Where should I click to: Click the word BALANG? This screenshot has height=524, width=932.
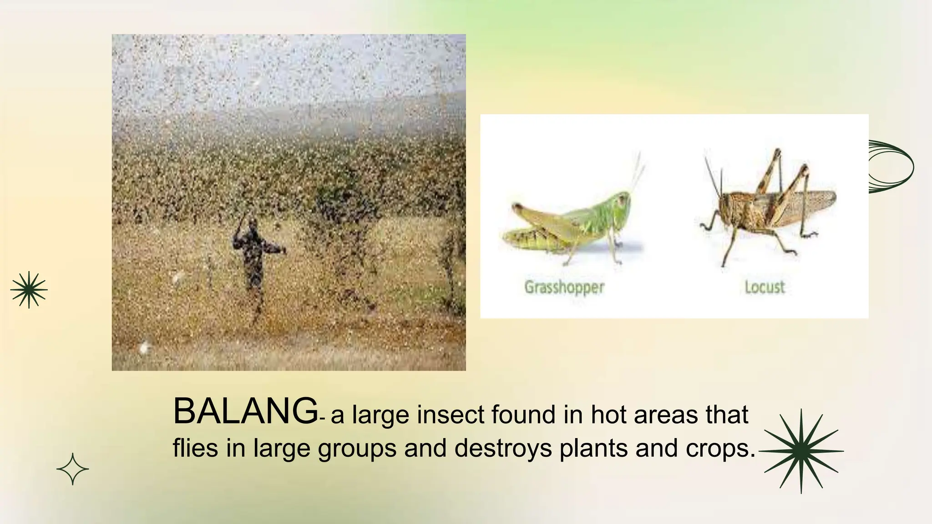(x=245, y=412)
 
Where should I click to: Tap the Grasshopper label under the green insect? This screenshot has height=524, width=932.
(x=564, y=287)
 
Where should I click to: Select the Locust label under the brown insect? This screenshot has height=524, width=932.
(x=765, y=287)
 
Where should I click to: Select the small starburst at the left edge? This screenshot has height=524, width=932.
(x=29, y=290)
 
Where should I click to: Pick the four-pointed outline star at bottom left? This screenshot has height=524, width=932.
(x=72, y=469)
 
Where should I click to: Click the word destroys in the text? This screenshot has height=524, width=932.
(x=503, y=448)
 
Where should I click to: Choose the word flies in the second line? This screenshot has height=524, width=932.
(x=195, y=448)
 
